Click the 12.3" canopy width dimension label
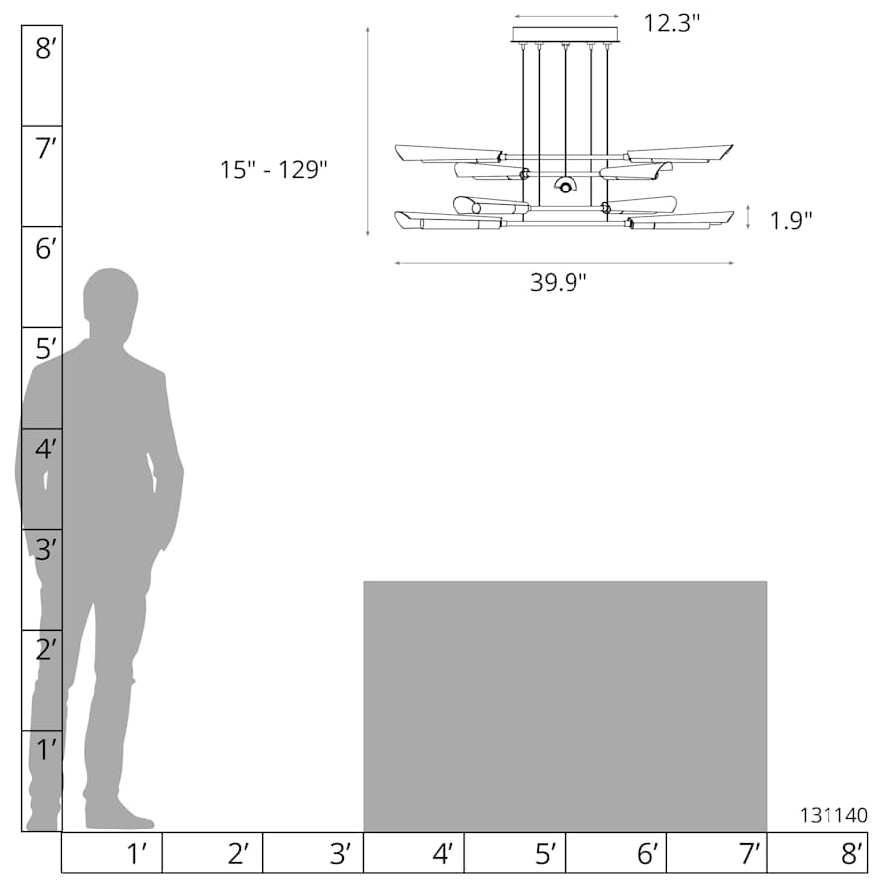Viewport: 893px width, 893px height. coord(672,22)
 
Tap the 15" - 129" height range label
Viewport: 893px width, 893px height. coord(274,170)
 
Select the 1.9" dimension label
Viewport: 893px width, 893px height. coord(791,220)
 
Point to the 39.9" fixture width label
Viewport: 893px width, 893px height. coord(559,282)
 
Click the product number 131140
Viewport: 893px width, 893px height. coord(833,815)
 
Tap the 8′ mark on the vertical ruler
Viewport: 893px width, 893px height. coord(46,48)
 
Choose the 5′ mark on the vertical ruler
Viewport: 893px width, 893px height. coord(46,349)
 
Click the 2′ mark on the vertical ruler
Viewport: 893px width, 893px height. coord(46,650)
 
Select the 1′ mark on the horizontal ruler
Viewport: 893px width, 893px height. coord(137,853)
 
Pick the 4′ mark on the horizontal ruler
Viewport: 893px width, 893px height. coord(442,853)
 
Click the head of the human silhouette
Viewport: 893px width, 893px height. coord(110,295)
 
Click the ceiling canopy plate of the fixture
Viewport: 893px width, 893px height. coord(566,35)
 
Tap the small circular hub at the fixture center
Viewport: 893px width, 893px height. coord(565,187)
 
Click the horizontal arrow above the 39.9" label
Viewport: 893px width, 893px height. coord(565,263)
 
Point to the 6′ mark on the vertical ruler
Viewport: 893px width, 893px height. coord(46,248)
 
